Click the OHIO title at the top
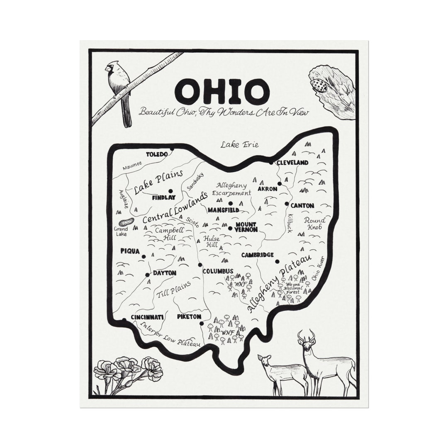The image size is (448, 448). [222, 92]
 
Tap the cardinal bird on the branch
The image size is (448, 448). [119, 89]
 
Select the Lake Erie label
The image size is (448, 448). [239, 144]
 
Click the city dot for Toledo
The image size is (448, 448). [172, 149]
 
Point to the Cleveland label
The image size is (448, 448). [292, 163]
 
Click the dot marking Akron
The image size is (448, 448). [280, 183]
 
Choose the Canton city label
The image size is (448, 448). [302, 205]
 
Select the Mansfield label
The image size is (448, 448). [223, 210]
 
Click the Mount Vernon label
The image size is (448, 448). [246, 227]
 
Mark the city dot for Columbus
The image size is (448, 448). [200, 265]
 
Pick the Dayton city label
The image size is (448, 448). [165, 273]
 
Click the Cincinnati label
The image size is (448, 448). [147, 317]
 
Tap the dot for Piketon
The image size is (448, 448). [201, 324]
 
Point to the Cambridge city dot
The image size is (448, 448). [277, 261]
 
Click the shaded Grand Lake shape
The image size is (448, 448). [126, 222]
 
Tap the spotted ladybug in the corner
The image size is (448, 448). [319, 86]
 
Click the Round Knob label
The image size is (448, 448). [314, 224]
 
